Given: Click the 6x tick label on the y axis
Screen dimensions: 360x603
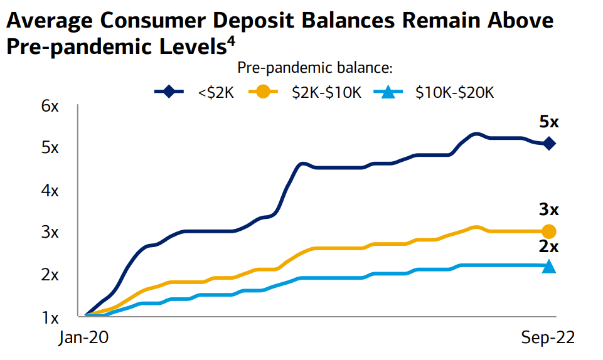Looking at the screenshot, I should (x=50, y=106).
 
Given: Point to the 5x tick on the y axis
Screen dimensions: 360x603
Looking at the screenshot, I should (x=50, y=148).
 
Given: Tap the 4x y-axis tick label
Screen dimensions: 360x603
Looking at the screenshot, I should (x=50, y=190).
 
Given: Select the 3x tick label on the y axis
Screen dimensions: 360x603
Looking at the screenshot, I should (x=50, y=232).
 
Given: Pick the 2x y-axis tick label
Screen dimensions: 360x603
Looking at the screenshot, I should (x=50, y=274).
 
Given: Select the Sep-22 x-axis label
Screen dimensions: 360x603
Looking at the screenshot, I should (x=548, y=338).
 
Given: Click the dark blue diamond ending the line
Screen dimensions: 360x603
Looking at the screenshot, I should (x=549, y=144).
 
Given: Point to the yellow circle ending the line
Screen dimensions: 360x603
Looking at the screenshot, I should (x=549, y=231).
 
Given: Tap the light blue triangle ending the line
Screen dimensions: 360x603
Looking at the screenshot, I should (x=549, y=266).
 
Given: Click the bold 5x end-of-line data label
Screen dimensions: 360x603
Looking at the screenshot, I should (x=548, y=122).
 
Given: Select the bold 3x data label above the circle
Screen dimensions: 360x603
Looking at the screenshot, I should (x=548, y=209).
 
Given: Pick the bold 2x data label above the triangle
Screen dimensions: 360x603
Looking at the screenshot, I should (x=548, y=246).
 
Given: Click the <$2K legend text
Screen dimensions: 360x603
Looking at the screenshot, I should (x=216, y=93).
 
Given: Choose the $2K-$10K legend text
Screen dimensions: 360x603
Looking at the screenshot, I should (x=326, y=93).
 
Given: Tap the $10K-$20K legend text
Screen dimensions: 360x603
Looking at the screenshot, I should (x=455, y=93).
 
